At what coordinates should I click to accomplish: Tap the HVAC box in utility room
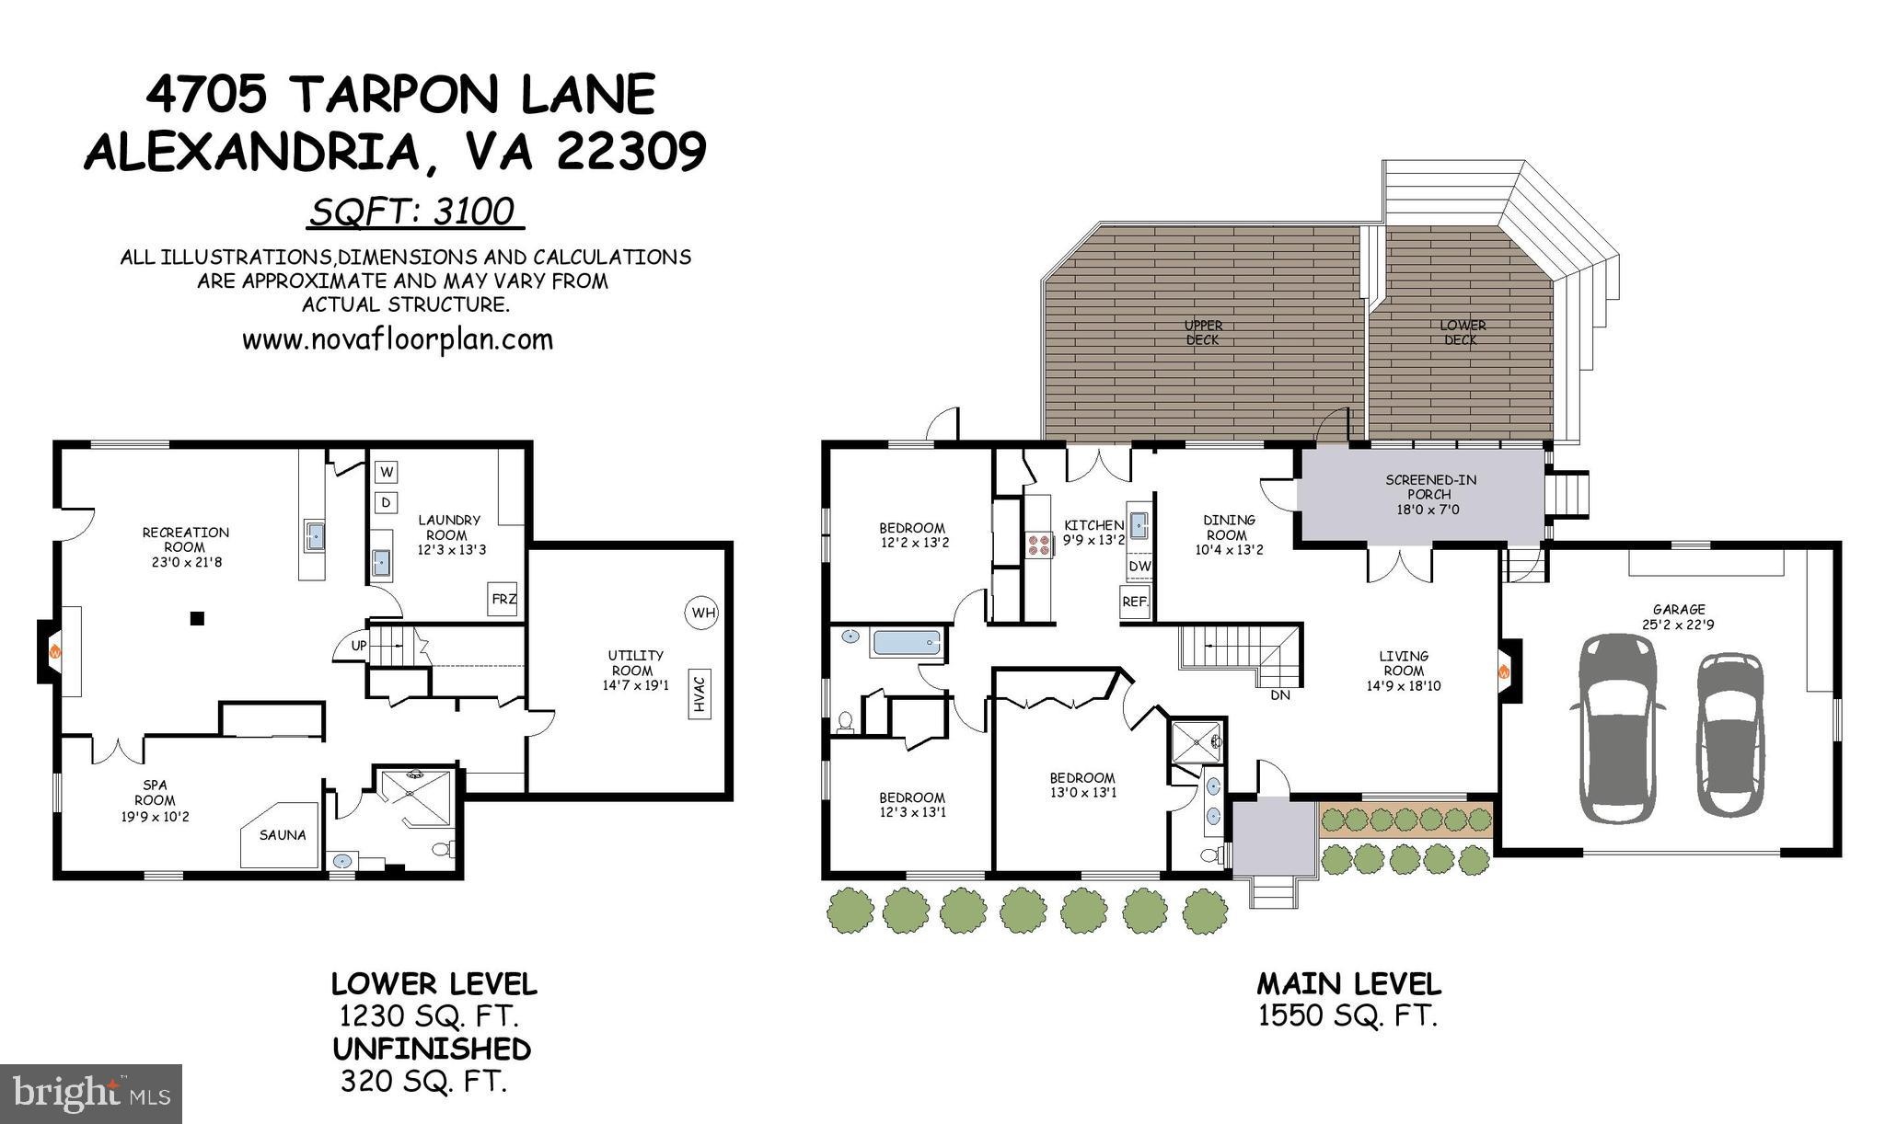(699, 694)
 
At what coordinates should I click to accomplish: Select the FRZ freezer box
(503, 599)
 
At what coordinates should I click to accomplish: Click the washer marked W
(387, 472)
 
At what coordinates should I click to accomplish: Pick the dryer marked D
(387, 502)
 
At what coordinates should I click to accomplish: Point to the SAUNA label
(282, 835)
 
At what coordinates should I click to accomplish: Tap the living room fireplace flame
(1503, 671)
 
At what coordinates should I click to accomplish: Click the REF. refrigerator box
(1135, 602)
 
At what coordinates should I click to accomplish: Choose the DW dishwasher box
(1139, 566)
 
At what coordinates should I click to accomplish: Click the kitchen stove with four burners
(1038, 545)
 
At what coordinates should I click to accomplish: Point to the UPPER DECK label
(1203, 332)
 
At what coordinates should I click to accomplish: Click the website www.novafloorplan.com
(398, 339)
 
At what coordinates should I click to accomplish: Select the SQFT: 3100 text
(411, 212)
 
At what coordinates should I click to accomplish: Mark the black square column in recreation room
(196, 619)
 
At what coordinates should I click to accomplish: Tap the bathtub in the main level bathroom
(907, 643)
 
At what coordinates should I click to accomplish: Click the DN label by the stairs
(1279, 695)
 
